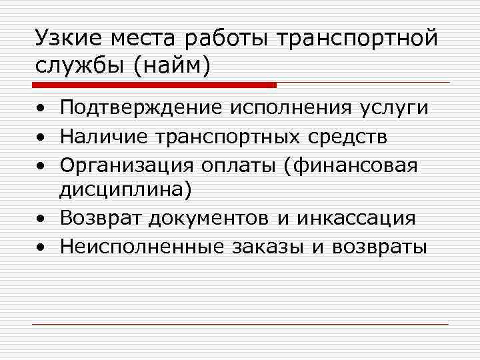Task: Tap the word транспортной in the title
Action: (361, 39)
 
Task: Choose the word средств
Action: (357, 137)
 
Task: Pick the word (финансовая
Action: (350, 165)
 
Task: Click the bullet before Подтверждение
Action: (42, 109)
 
